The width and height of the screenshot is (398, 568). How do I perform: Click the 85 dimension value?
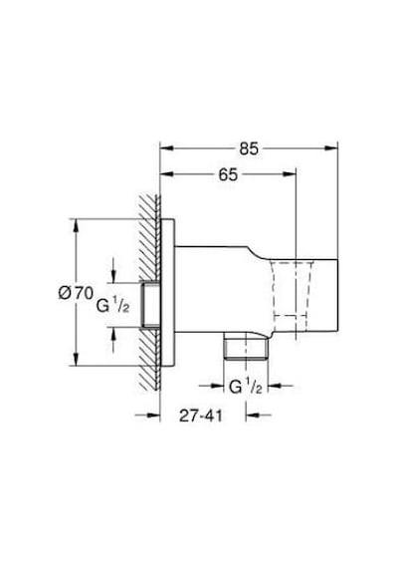pyautogui.click(x=249, y=148)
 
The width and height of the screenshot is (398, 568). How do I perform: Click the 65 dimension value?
pyautogui.click(x=228, y=175)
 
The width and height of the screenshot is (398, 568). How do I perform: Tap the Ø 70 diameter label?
pyautogui.click(x=76, y=293)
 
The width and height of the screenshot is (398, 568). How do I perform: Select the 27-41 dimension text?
pyautogui.click(x=201, y=416)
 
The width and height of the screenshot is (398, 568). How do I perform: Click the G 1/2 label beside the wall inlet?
pyautogui.click(x=112, y=306)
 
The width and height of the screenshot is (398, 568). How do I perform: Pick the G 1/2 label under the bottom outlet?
pyautogui.click(x=246, y=387)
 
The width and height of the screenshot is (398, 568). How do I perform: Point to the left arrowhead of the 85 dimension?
pyautogui.click(x=167, y=147)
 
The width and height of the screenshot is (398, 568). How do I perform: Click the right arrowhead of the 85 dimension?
pyautogui.click(x=331, y=147)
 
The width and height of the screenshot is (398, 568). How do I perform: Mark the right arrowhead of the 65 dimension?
pyautogui.click(x=290, y=174)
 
